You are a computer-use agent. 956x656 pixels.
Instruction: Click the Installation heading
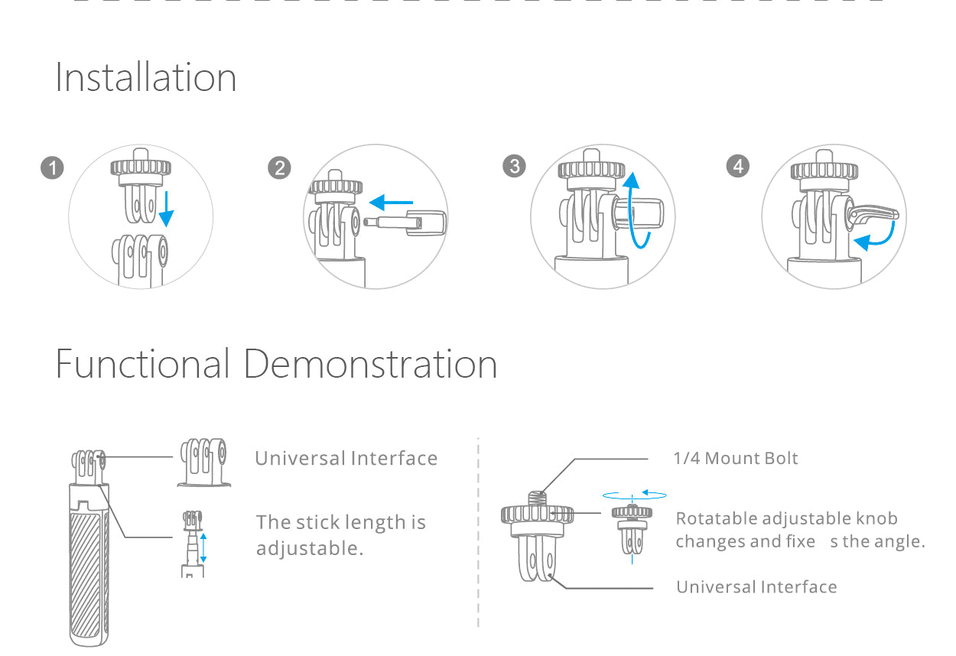pos(145,77)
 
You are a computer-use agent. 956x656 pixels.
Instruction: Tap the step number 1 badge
pos(52,167)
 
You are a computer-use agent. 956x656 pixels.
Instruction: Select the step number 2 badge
pos(280,167)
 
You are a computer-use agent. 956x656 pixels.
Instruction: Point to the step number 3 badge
pos(514,166)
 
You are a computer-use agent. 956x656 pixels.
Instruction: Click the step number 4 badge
pos(738,166)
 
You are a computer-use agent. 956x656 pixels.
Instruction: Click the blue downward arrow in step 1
pos(166,209)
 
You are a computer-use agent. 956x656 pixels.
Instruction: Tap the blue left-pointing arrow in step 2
pos(391,202)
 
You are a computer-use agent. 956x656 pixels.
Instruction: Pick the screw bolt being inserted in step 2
pos(405,222)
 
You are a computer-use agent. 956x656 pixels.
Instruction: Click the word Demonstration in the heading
pos(370,364)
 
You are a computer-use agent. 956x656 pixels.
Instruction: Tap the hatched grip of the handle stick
pos(86,576)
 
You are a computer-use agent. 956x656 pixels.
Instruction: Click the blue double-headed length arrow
pos(203,547)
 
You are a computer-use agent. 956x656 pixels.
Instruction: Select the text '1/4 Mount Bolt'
pos(736,458)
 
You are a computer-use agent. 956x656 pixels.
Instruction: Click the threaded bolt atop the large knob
pos(538,498)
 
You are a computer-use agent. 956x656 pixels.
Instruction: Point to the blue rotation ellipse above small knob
pos(635,495)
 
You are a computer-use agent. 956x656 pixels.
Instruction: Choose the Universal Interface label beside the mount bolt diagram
pos(756,587)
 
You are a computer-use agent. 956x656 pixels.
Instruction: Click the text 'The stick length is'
pos(341,522)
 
